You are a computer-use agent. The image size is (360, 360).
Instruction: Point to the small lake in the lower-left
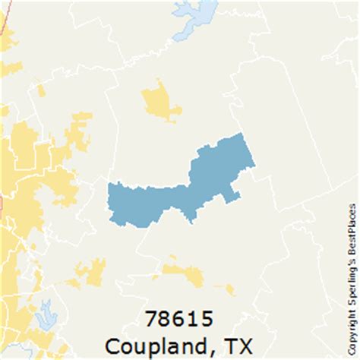coord(46,313)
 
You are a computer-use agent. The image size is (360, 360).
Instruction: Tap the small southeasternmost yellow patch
coord(229,289)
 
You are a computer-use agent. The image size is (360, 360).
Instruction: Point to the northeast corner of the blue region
coord(242,136)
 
